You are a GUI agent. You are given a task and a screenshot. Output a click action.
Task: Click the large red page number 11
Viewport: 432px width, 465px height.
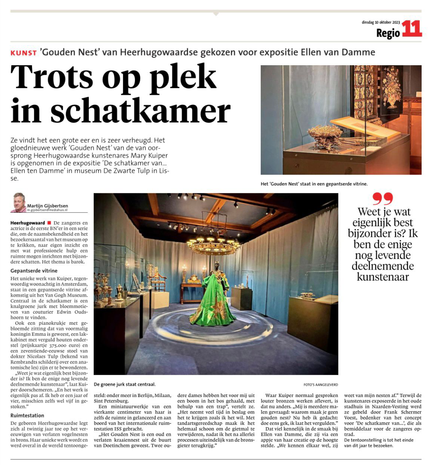(411, 29)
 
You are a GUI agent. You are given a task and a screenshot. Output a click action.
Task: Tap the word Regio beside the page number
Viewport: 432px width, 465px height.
(388, 34)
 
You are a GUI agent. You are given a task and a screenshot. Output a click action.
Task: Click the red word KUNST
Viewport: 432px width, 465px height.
(24, 53)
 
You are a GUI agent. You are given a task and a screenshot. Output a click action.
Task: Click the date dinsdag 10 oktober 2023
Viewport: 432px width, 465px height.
(381, 22)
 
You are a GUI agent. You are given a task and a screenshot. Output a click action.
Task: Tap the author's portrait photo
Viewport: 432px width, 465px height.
(18, 202)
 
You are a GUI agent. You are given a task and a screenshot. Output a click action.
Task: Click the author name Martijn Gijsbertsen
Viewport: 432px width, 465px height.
(47, 206)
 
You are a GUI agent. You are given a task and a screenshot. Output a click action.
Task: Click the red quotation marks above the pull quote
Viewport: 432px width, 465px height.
(383, 199)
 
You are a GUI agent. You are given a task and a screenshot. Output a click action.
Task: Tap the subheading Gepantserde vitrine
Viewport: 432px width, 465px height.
(34, 271)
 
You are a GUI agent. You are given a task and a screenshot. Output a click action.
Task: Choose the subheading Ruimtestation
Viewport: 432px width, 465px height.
(27, 415)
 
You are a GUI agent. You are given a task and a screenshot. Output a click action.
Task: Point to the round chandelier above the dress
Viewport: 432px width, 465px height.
(213, 244)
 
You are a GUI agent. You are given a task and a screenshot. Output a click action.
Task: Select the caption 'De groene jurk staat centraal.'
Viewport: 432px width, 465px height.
(125, 384)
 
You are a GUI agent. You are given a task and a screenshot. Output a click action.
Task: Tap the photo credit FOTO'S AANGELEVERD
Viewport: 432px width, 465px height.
(320, 385)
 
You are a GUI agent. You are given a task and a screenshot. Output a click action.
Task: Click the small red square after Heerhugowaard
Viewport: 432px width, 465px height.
(49, 223)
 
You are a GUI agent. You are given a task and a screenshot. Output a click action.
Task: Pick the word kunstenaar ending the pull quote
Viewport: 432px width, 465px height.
(383, 277)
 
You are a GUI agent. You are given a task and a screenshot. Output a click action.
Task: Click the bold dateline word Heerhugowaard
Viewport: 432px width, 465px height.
(28, 223)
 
